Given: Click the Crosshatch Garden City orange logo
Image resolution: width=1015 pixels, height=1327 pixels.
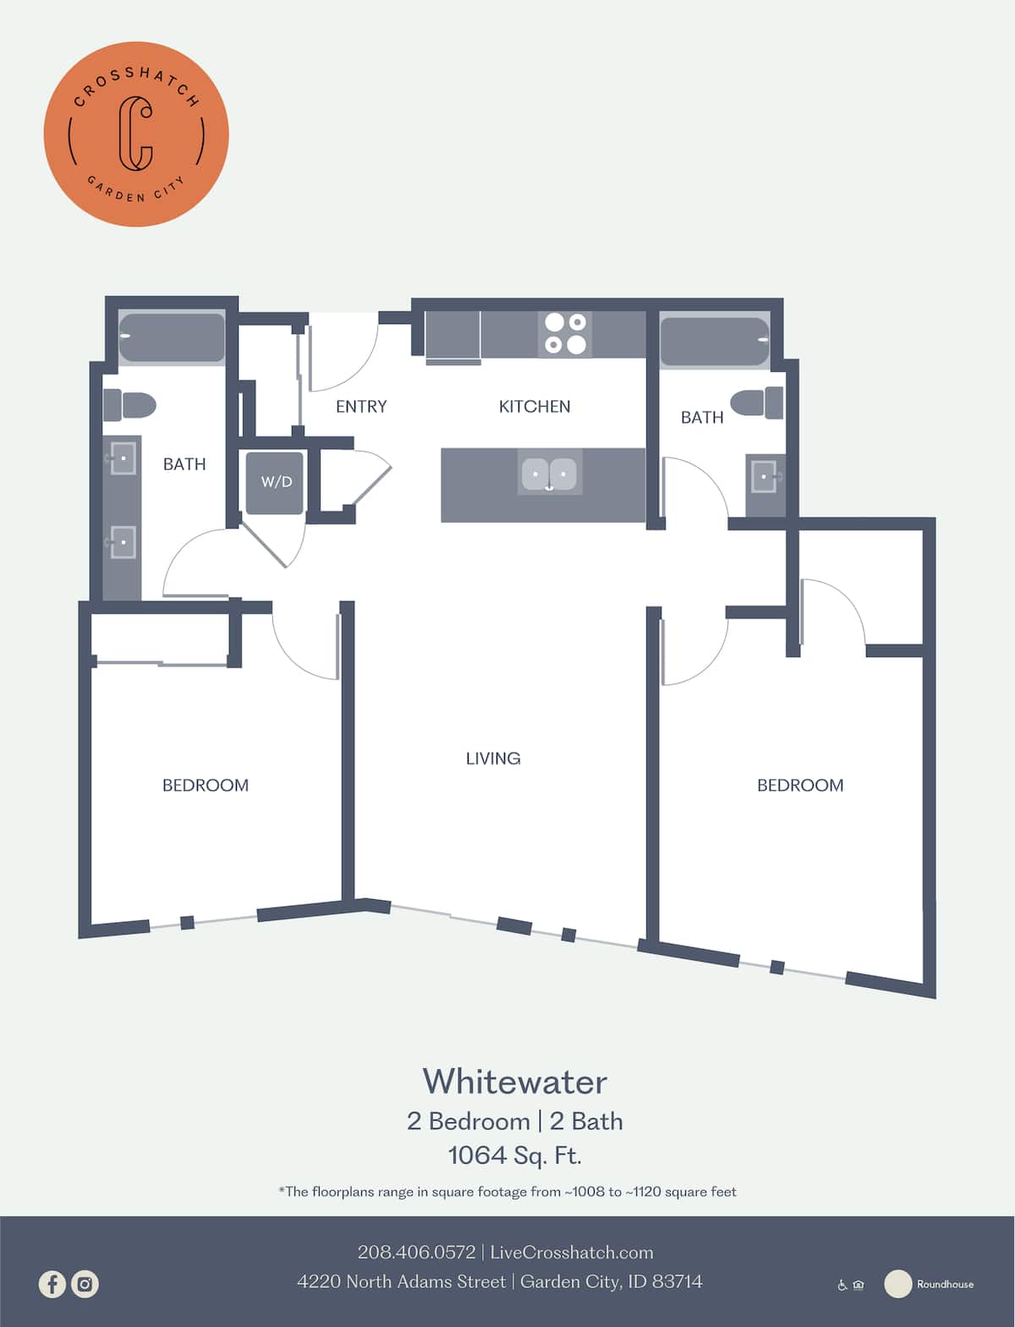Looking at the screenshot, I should [x=136, y=134].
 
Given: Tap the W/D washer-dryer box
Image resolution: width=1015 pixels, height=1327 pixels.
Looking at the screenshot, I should [x=275, y=483].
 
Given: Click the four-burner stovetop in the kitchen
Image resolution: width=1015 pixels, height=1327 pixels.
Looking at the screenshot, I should [x=565, y=333].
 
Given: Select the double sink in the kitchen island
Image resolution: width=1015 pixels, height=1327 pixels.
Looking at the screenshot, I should [x=549, y=474].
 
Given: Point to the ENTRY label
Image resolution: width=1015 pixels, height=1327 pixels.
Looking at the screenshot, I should [x=361, y=407].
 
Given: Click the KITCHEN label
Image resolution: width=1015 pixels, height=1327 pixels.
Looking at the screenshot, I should [x=535, y=407].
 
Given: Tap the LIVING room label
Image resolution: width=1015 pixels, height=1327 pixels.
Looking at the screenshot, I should [x=493, y=759].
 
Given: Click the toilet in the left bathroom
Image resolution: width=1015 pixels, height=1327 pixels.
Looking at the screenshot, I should [x=131, y=405].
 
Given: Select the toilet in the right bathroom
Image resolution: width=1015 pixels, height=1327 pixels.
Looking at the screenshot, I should [x=757, y=403].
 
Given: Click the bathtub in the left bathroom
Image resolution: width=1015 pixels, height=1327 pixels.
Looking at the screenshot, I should [x=172, y=337].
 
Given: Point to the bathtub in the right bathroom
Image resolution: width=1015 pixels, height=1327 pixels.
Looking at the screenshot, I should [x=715, y=341].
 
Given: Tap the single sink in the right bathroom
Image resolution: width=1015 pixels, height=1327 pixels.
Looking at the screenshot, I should [x=765, y=477].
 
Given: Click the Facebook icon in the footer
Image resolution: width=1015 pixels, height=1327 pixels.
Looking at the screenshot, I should [x=52, y=1284].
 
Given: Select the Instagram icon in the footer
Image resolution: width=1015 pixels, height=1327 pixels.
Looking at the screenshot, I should [x=85, y=1284].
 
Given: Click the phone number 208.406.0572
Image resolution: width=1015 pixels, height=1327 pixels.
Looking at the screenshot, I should [x=416, y=1253].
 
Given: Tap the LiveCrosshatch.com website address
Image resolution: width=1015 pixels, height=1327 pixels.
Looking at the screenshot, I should [x=572, y=1253].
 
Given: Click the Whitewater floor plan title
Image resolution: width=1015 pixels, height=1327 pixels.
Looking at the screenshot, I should [x=514, y=1082].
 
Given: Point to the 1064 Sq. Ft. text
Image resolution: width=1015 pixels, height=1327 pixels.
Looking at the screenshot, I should [x=514, y=1155].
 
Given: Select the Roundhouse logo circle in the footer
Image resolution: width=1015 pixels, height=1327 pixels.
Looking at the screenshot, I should [x=897, y=1284].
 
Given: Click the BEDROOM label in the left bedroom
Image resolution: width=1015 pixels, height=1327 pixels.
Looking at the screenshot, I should [x=206, y=786].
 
